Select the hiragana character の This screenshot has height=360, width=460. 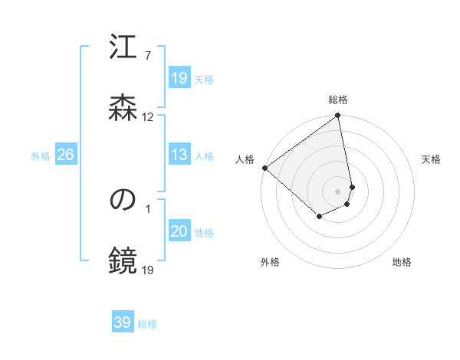(x=123, y=201)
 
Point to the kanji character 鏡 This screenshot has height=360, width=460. (x=123, y=260)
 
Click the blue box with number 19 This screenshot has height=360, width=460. (x=179, y=78)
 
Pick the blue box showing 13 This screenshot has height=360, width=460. (x=179, y=155)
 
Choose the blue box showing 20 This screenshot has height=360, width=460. (x=179, y=231)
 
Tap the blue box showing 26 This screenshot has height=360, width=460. (x=65, y=155)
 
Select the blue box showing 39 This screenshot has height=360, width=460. (x=123, y=323)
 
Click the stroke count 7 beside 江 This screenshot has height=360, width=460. (x=147, y=56)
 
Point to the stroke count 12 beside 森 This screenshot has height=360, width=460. (x=148, y=117)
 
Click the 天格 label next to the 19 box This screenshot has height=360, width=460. (x=204, y=79)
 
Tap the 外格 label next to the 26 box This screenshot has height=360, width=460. (x=41, y=155)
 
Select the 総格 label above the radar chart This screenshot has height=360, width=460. (x=338, y=100)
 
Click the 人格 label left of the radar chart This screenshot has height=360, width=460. (x=245, y=159)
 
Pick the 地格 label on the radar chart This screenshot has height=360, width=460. (x=402, y=262)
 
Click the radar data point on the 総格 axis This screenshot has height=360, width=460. (x=338, y=116)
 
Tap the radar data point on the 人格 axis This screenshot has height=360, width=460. (x=264, y=168)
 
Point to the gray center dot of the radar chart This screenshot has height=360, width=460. (x=338, y=191)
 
